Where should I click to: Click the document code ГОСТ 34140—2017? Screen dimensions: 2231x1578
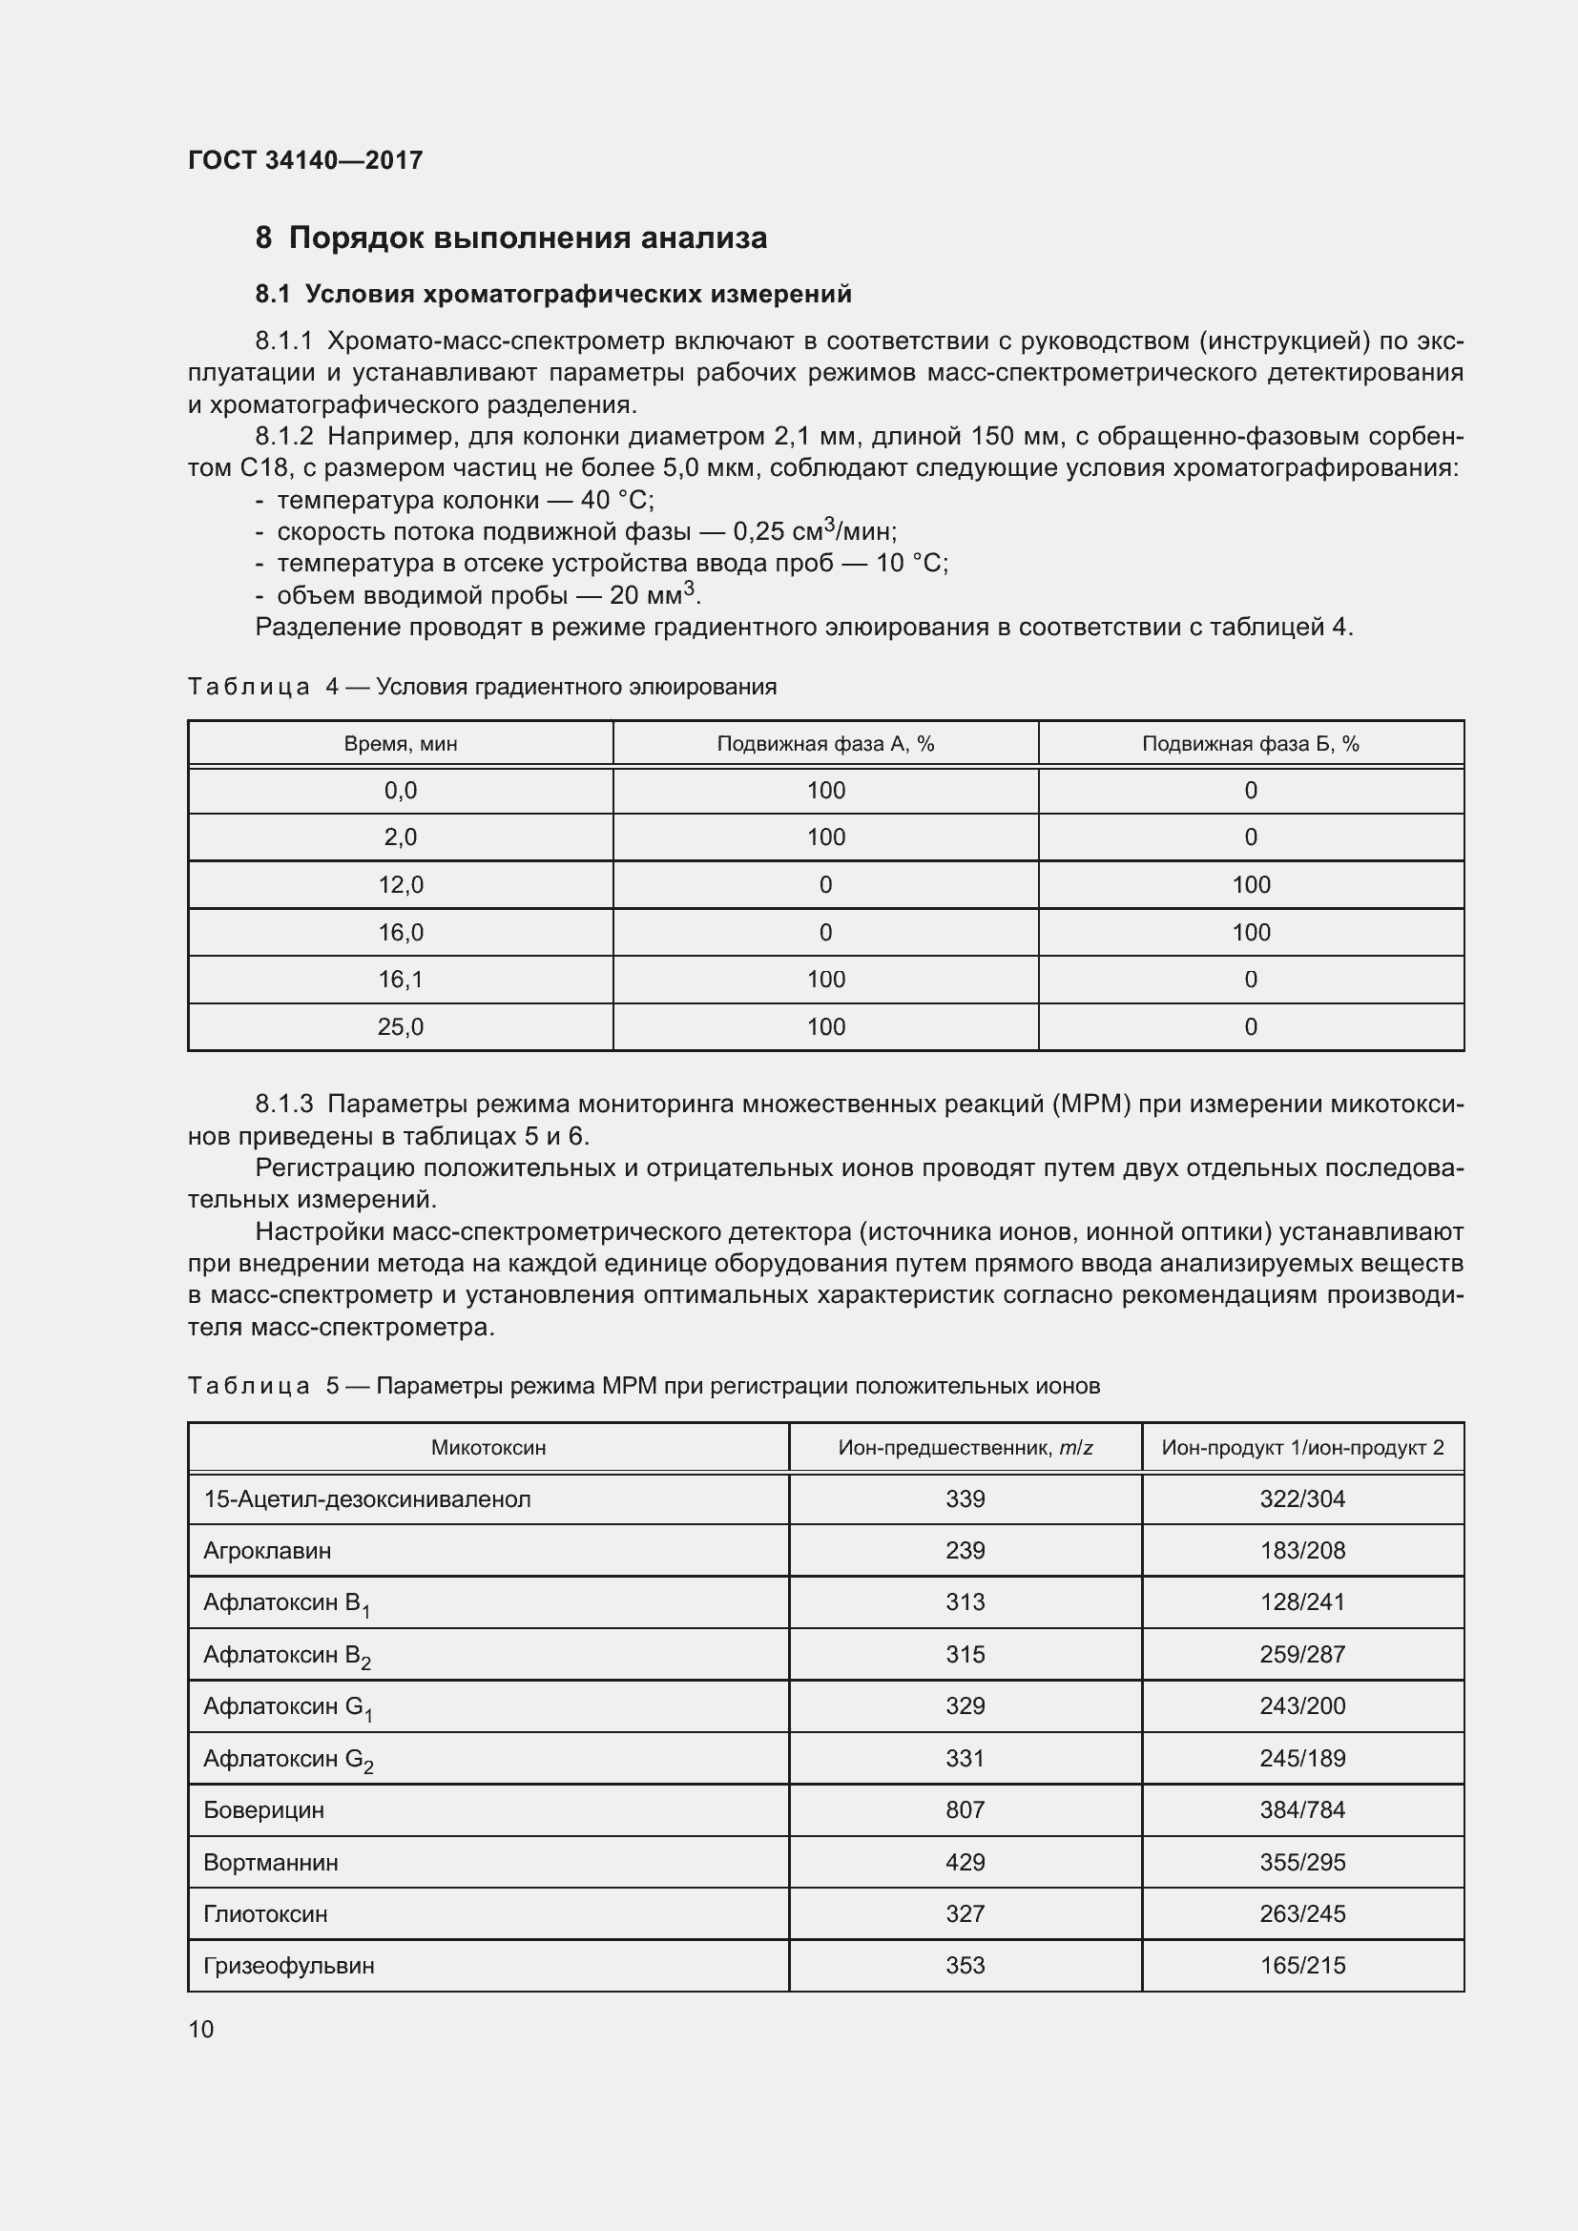pos(305,160)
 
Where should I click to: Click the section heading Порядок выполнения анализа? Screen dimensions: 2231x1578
pos(527,238)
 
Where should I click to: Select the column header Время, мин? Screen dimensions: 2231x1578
pos(401,744)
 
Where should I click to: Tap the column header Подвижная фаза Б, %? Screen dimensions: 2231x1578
pos(1250,744)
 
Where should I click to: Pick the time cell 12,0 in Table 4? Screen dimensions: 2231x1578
pos(401,885)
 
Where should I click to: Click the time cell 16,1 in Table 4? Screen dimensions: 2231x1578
pos(401,980)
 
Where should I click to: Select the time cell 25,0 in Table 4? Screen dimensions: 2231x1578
pos(401,1027)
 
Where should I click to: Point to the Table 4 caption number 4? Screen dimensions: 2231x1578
pos(332,687)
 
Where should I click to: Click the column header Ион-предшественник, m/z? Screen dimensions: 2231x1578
pos(965,1448)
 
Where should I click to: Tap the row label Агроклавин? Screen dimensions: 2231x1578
pos(267,1551)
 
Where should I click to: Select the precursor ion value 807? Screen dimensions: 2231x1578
pos(965,1810)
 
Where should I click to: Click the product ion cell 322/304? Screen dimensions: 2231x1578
pos(1302,1499)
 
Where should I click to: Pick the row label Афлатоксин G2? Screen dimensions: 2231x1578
pos(287,1759)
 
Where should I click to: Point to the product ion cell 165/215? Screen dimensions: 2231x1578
pos(1302,1966)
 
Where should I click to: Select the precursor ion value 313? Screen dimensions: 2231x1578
pos(965,1602)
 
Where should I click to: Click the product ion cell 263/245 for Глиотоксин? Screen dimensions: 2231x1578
pos(1302,1914)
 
